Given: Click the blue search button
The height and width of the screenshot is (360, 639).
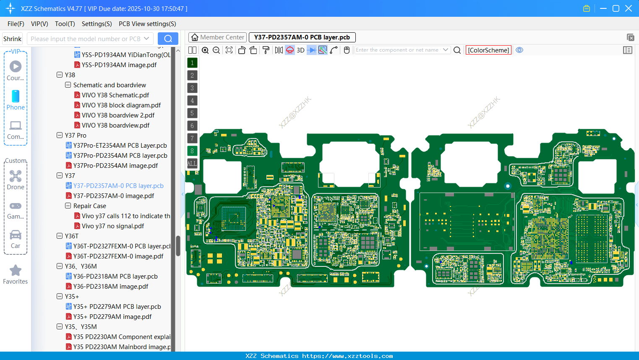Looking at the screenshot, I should (168, 39).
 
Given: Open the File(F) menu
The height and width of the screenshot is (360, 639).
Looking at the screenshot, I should (16, 24).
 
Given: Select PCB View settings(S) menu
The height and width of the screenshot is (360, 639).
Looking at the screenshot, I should (147, 24).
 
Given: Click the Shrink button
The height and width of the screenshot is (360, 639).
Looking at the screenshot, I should (13, 39).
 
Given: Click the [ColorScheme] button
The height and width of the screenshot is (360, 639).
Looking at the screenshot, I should (488, 50).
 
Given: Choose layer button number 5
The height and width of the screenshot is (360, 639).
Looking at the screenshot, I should (192, 113).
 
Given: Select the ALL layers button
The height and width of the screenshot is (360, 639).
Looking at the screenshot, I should (192, 164).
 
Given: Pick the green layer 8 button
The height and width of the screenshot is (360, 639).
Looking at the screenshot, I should (192, 151).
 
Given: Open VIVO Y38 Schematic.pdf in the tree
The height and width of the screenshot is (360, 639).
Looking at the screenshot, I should (115, 95).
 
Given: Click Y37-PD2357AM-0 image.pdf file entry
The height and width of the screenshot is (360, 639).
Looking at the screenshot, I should (113, 196).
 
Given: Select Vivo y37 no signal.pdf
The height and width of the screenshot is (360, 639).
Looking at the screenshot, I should (112, 226).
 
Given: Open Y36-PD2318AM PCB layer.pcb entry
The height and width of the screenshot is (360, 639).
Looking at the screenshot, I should (115, 277).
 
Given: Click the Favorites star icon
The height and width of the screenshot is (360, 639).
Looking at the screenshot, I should (16, 271).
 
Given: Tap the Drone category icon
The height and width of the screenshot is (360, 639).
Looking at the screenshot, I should (16, 176).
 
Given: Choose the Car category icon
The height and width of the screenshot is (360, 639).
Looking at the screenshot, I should (16, 235).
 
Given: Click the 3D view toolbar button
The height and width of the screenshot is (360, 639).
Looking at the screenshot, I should (300, 50).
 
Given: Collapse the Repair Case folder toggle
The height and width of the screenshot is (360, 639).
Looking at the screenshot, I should (68, 206).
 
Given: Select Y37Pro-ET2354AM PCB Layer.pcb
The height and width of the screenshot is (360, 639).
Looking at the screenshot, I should (120, 146).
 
